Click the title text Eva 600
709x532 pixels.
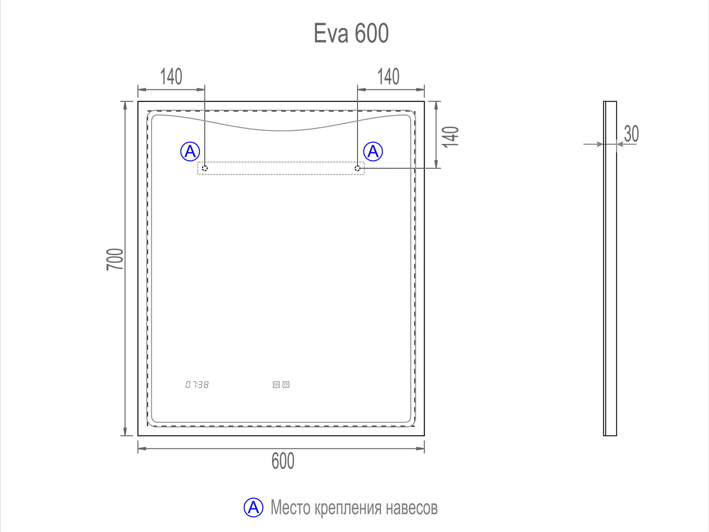coord(351,33)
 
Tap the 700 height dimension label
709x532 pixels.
coord(115,259)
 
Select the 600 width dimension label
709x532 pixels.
coord(283,461)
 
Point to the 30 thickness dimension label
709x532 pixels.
coord(631,134)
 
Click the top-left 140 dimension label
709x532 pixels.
coord(171,77)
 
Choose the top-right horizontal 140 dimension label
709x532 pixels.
coord(388,77)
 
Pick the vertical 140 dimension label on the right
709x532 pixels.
coord(451,137)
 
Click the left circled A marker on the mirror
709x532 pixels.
coord(190,151)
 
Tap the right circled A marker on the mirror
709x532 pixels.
coord(373,151)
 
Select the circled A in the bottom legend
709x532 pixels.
coord(253,507)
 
